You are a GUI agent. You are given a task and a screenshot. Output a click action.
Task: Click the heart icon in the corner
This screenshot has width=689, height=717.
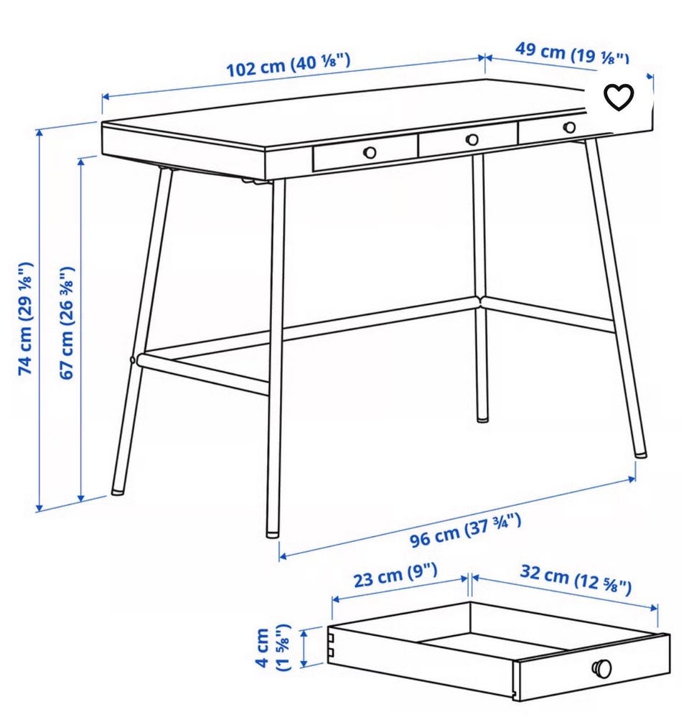pos(619,97)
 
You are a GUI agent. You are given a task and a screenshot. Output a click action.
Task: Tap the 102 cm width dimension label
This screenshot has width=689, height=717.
pos(289,65)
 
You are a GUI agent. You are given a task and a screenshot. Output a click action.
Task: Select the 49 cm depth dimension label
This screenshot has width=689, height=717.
pos(572,53)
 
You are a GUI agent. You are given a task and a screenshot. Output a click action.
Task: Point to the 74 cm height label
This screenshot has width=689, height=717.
pos(26,319)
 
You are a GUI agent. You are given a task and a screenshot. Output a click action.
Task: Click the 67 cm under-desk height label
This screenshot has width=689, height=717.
pos(67,323)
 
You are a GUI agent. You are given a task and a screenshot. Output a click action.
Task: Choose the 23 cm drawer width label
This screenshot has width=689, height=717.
pos(395,575)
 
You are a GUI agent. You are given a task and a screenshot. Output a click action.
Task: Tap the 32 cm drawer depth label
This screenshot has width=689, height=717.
pos(576,580)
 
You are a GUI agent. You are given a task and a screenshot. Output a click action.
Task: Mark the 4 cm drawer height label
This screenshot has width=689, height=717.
pos(273,647)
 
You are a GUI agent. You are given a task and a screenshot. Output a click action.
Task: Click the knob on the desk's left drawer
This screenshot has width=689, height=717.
pos(370,152)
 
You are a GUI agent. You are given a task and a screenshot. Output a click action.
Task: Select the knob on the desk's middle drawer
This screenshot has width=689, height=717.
pos(472,139)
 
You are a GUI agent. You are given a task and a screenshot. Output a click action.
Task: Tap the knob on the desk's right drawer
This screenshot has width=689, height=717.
pos(570,127)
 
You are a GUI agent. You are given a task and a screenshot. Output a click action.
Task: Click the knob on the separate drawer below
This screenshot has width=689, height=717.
pos(601,669)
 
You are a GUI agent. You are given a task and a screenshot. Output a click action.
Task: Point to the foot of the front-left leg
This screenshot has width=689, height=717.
pos(118,491)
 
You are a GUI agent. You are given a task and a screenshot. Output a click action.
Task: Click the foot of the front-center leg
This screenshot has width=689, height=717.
pos(273,533)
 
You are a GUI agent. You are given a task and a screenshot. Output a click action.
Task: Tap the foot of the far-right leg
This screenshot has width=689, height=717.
pos(641,454)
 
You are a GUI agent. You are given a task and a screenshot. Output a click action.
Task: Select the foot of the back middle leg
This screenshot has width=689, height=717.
pos(482,418)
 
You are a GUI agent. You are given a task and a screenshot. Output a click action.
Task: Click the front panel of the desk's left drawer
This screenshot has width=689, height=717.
pos(365,153)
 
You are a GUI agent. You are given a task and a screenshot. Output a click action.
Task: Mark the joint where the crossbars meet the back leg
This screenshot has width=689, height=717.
pos(480,302)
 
